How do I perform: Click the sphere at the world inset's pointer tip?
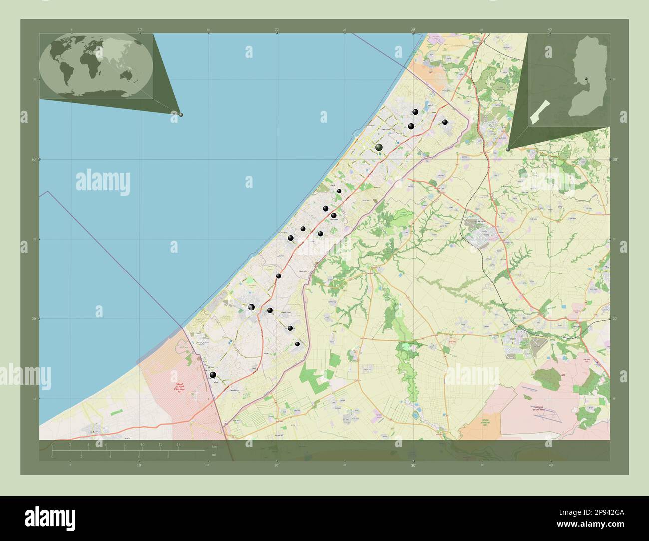point(181,114)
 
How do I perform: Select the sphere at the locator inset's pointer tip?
point(508,149)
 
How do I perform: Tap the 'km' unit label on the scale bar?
point(215,446)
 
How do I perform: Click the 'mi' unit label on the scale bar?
point(214,455)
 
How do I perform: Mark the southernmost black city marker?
point(213,375)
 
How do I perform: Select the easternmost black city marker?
point(445,122)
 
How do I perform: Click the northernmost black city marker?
point(415,112)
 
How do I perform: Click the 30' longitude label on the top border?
point(413,29)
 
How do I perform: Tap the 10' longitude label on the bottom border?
point(139,465)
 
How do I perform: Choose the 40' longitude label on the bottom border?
point(550,465)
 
